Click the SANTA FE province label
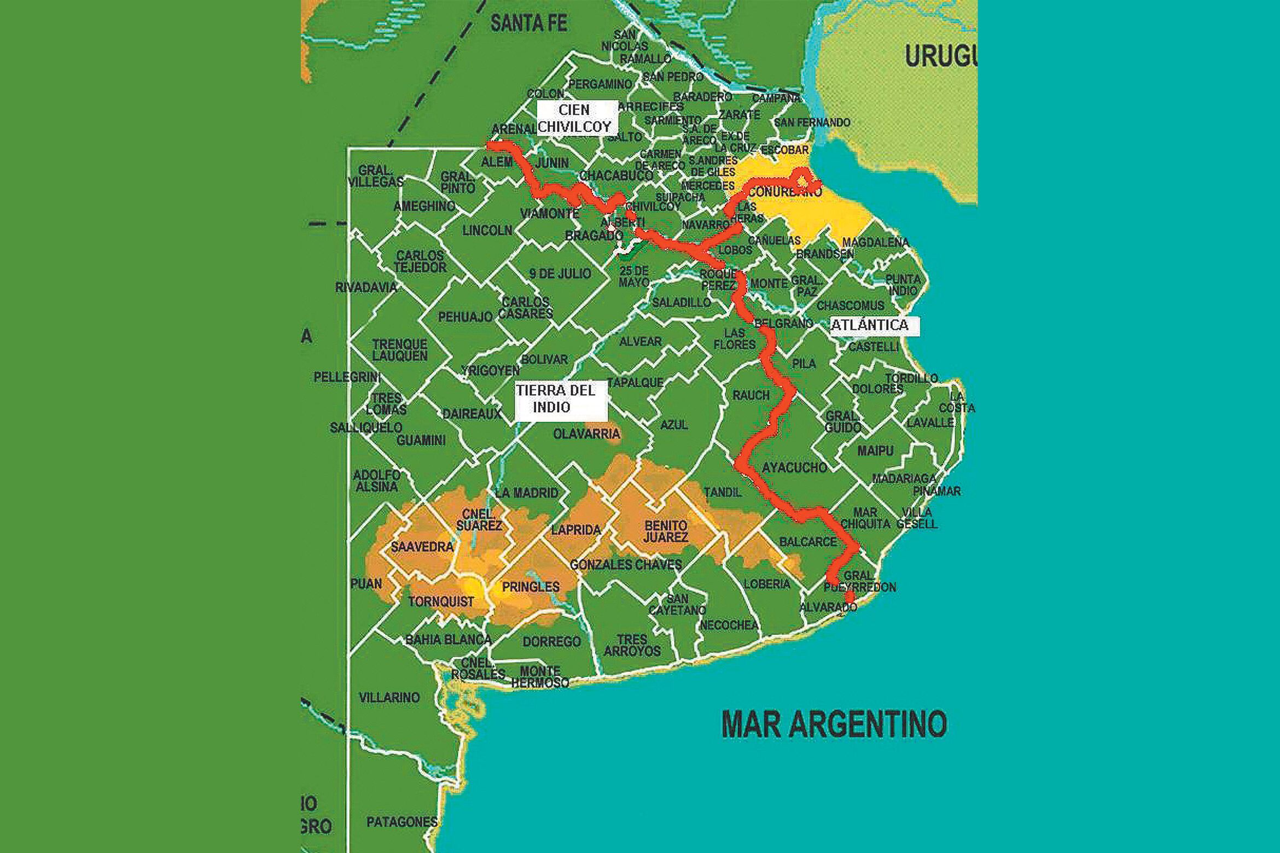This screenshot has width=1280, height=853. click(528, 24)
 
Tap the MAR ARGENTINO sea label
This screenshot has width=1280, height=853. click(834, 724)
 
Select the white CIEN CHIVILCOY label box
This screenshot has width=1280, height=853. click(574, 118)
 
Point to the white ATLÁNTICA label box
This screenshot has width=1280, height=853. click(872, 325)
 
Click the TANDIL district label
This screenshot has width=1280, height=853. click(722, 492)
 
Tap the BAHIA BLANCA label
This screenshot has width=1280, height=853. click(449, 639)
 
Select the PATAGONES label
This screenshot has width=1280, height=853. click(402, 822)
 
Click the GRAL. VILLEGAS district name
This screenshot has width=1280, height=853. click(375, 176)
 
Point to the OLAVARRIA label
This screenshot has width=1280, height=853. click(586, 434)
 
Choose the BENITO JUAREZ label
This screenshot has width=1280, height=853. click(666, 531)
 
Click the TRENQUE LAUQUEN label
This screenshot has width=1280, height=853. click(399, 350)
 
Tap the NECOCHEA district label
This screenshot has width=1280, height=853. click(729, 625)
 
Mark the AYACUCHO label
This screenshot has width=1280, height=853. click(794, 468)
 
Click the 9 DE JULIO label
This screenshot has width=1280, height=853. click(560, 273)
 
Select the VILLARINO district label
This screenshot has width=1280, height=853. click(389, 697)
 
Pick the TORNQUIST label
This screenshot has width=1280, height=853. click(441, 601)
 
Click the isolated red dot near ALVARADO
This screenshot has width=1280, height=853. click(850, 597)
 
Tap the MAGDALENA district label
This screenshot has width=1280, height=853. click(875, 242)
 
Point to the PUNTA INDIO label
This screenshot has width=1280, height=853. click(903, 285)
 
